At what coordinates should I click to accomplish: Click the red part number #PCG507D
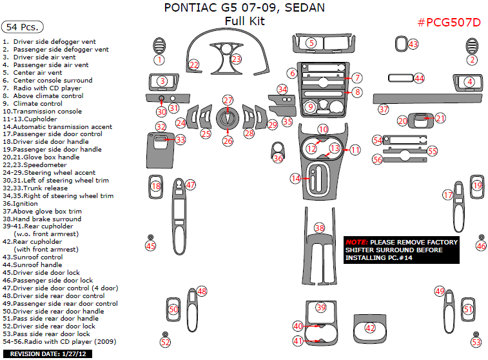449,23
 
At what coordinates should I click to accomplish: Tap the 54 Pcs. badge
23,27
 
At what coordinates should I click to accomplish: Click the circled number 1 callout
159,60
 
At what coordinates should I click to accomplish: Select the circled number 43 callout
413,45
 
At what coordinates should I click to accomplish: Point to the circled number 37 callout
384,109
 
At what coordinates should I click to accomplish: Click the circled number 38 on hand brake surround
320,228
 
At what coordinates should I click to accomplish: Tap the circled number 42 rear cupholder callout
370,328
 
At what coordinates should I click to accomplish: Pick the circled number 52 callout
165,342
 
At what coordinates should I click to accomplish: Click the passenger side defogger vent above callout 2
472,46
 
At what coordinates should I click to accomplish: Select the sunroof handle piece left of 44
400,77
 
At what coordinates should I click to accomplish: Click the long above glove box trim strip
427,99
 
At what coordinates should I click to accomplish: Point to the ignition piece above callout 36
277,148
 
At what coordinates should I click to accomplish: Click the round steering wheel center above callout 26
228,118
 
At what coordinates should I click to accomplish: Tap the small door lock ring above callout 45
150,237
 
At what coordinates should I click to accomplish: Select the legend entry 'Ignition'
20,204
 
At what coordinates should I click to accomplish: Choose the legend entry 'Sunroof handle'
32,265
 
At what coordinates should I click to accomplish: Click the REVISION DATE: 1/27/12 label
48,354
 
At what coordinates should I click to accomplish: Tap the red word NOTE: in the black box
356,242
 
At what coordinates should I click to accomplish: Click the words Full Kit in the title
244,21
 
